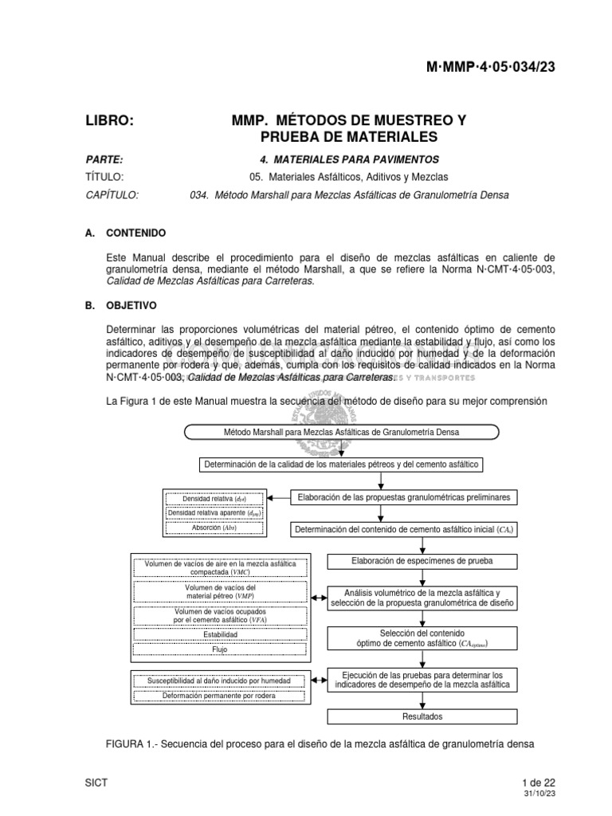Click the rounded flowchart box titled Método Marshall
(x=342, y=433)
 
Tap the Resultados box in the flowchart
(x=422, y=716)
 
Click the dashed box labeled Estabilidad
(x=219, y=634)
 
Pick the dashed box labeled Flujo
(x=219, y=649)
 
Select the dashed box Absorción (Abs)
(x=214, y=528)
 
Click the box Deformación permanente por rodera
(x=219, y=696)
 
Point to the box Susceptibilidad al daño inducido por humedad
(x=219, y=681)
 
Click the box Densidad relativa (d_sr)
(x=214, y=499)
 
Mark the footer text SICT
(x=96, y=783)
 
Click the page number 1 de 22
(x=538, y=783)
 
